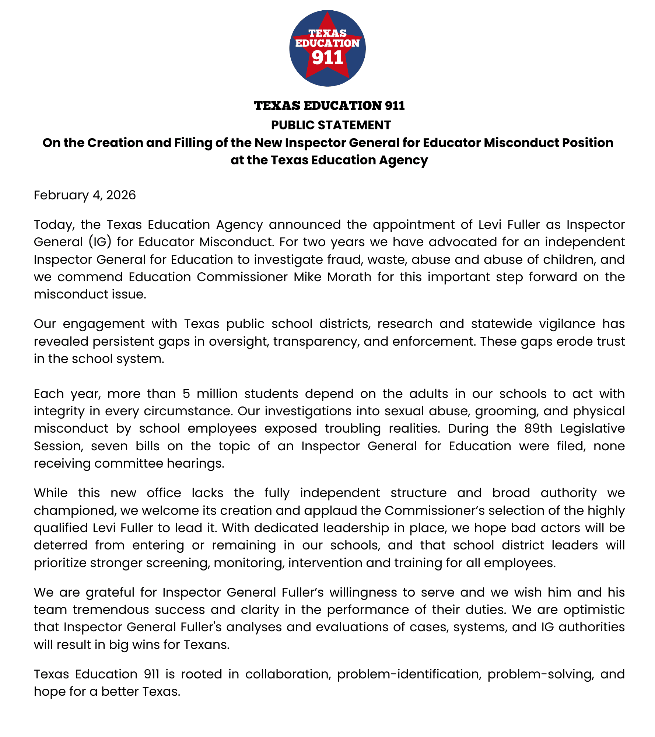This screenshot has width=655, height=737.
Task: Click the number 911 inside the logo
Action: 327,58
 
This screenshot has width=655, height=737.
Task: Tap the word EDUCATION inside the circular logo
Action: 327,43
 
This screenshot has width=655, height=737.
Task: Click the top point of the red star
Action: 327,14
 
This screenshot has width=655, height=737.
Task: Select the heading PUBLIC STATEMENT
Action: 331,125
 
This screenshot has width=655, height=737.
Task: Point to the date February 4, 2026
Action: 85,195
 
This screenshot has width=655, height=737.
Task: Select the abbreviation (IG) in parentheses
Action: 100,242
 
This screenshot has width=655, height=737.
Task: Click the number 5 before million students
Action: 186,394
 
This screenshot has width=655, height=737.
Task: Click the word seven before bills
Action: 109,446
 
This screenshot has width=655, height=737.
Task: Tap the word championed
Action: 75,511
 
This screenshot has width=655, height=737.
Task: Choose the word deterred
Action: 60,545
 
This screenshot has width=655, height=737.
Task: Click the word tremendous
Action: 111,610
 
